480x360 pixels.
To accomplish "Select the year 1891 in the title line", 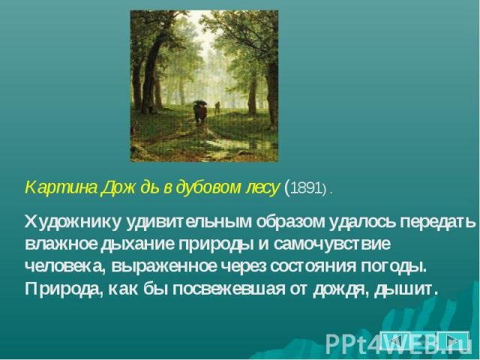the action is tap(304, 188).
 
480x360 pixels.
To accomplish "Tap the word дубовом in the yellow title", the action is tap(208, 187).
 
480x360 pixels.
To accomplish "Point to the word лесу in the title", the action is tap(262, 188).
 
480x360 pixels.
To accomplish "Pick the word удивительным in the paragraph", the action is tap(188, 222).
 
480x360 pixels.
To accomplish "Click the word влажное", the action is tap(61, 244).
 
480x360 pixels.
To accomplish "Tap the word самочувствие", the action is tap(332, 244).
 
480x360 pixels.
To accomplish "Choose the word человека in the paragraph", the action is tap(64, 267).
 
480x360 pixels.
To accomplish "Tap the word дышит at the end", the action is tap(406, 289).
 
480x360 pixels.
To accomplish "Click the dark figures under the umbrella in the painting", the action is tap(200, 112).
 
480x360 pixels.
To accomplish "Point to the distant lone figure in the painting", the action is tap(217, 107).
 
